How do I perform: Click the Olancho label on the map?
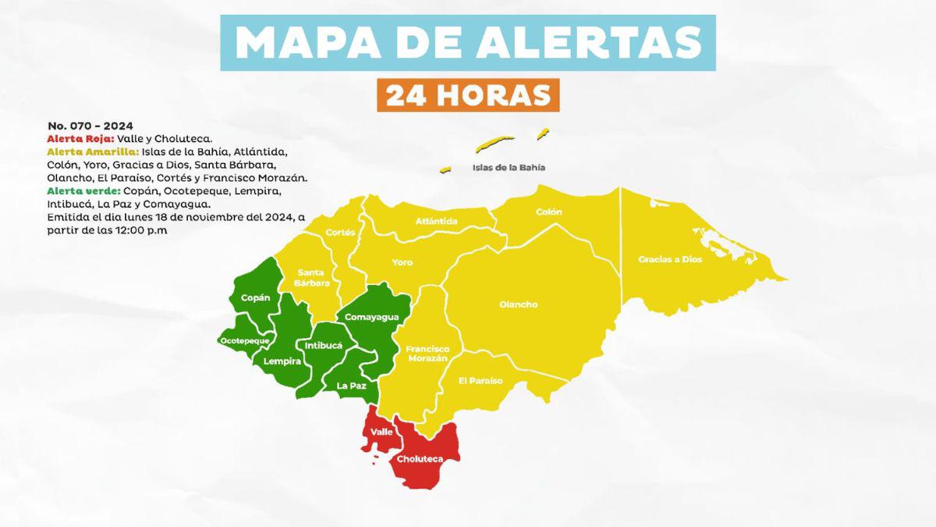(518, 304)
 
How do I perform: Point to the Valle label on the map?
(381, 432)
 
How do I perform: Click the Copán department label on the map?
(255, 297)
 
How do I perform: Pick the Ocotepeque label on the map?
(244, 341)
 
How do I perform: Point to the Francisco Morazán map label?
(427, 353)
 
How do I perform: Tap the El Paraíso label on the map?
(480, 380)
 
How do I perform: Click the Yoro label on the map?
(402, 262)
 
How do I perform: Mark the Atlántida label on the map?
(437, 221)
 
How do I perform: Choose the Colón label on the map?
(548, 212)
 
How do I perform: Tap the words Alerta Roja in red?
(80, 138)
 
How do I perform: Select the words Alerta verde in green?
(83, 191)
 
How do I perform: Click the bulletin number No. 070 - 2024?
(90, 125)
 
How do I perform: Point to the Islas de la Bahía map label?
(509, 167)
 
